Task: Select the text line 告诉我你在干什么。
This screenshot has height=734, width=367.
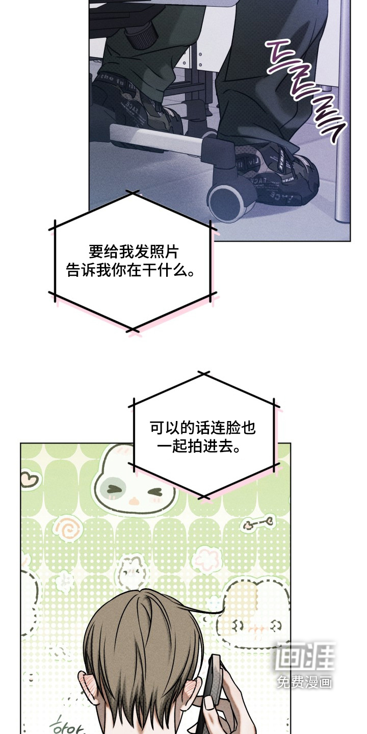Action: [131, 271]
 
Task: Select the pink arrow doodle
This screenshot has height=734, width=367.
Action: [259, 522]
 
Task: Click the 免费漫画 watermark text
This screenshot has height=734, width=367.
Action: [304, 681]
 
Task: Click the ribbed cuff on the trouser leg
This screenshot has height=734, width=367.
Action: [143, 33]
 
